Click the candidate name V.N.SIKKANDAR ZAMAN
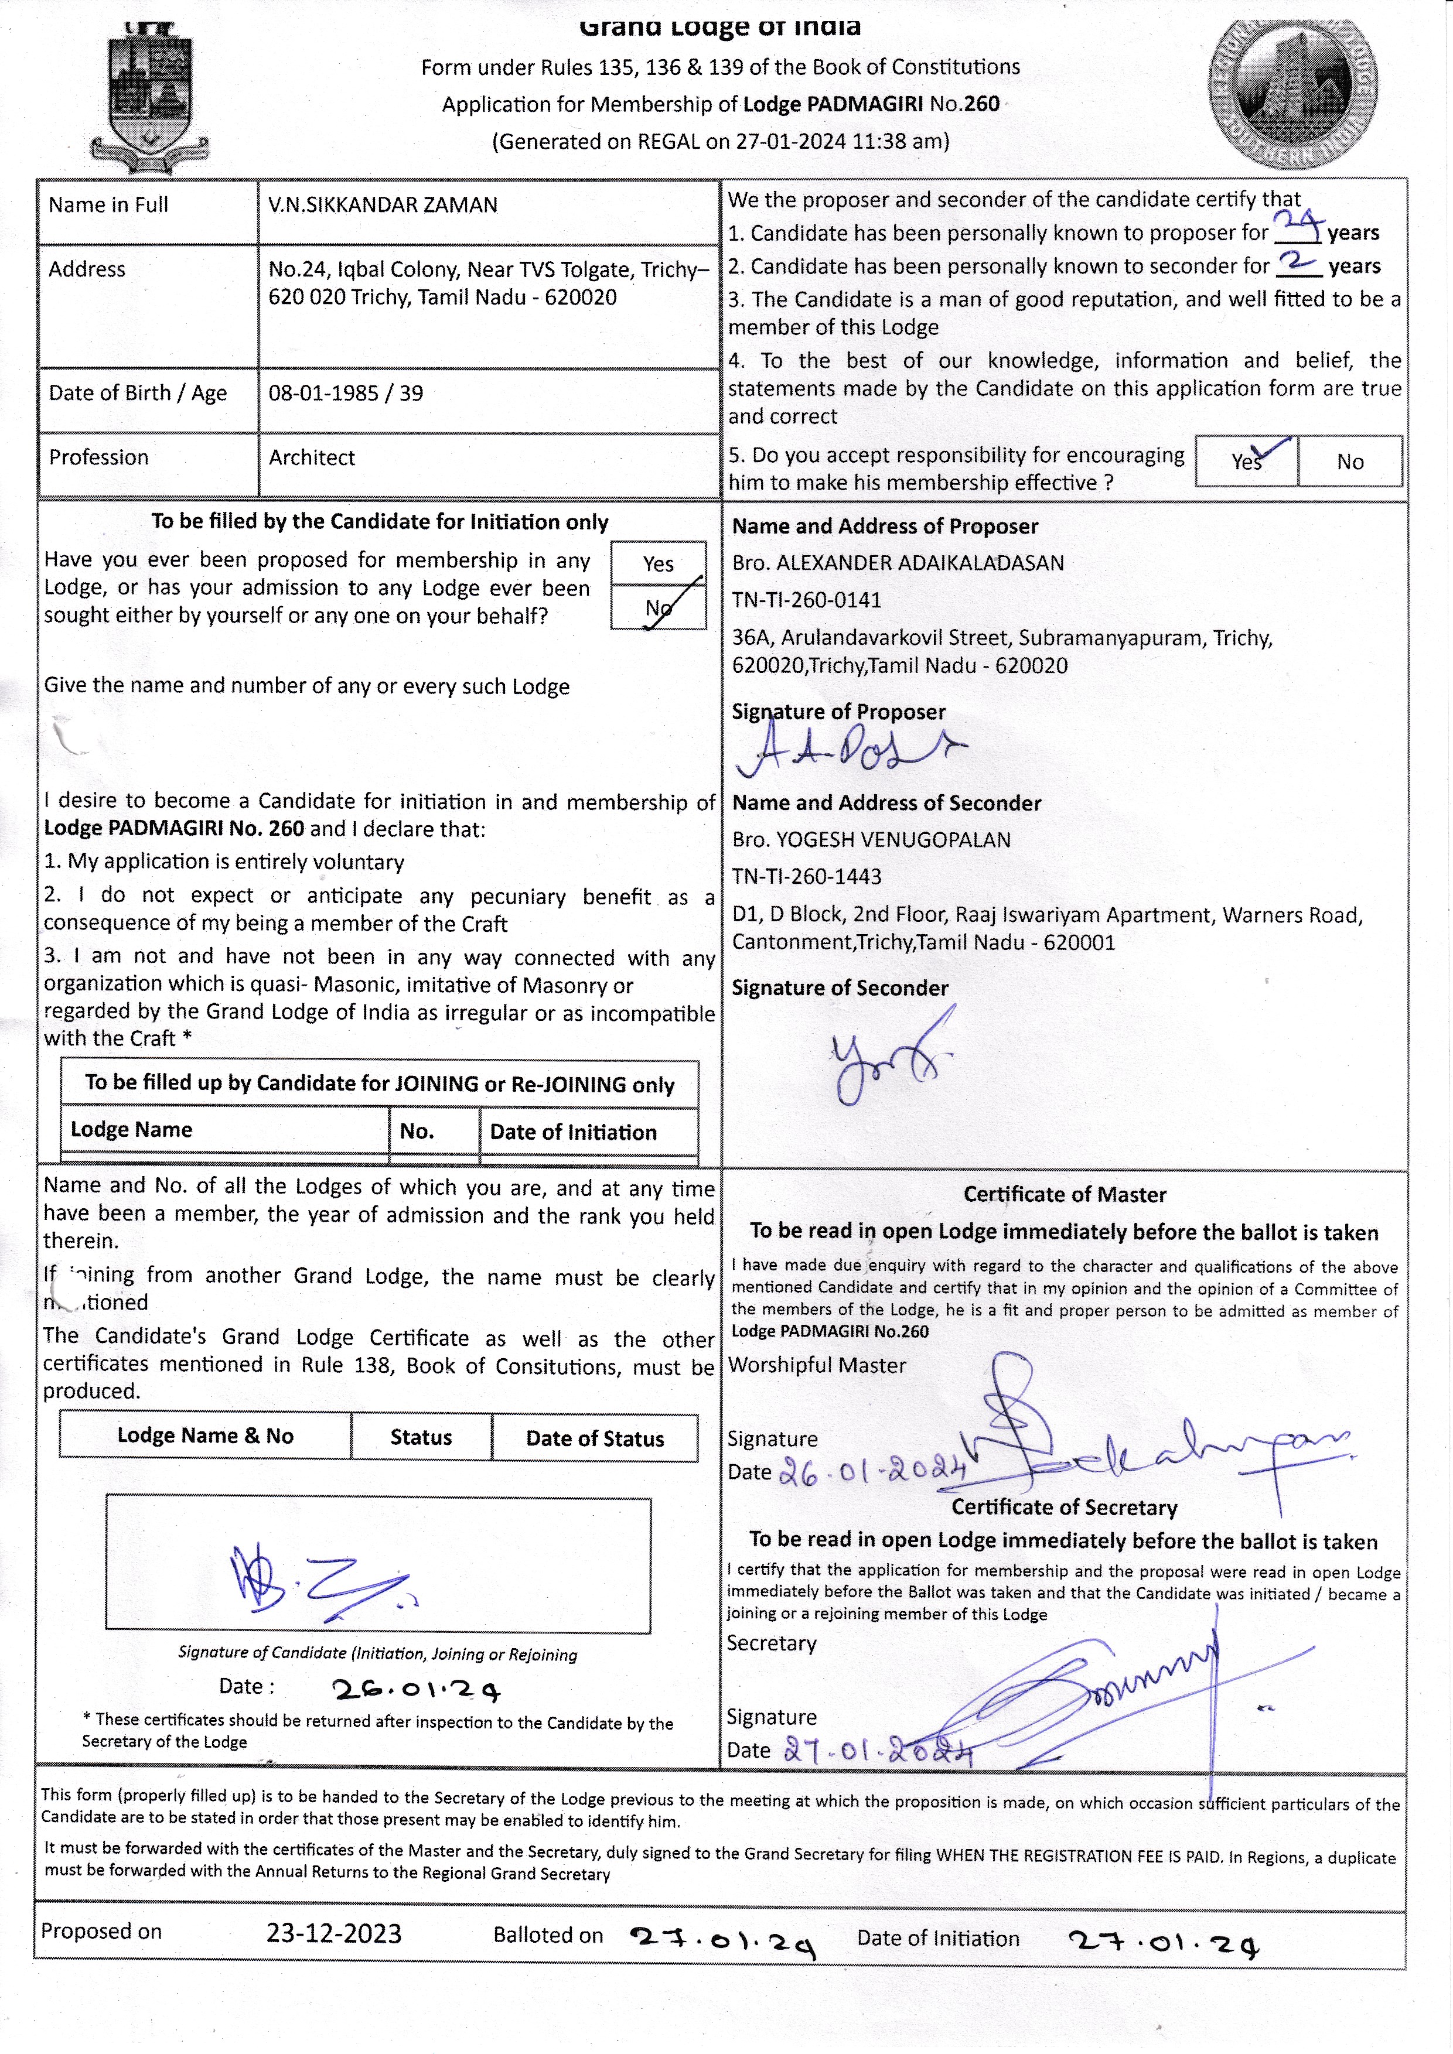pos(382,205)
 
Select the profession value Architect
pos(311,457)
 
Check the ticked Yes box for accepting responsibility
pos(1246,461)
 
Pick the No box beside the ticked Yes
pos(1349,462)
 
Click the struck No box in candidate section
pos(659,607)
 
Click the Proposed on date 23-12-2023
pos(334,1933)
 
